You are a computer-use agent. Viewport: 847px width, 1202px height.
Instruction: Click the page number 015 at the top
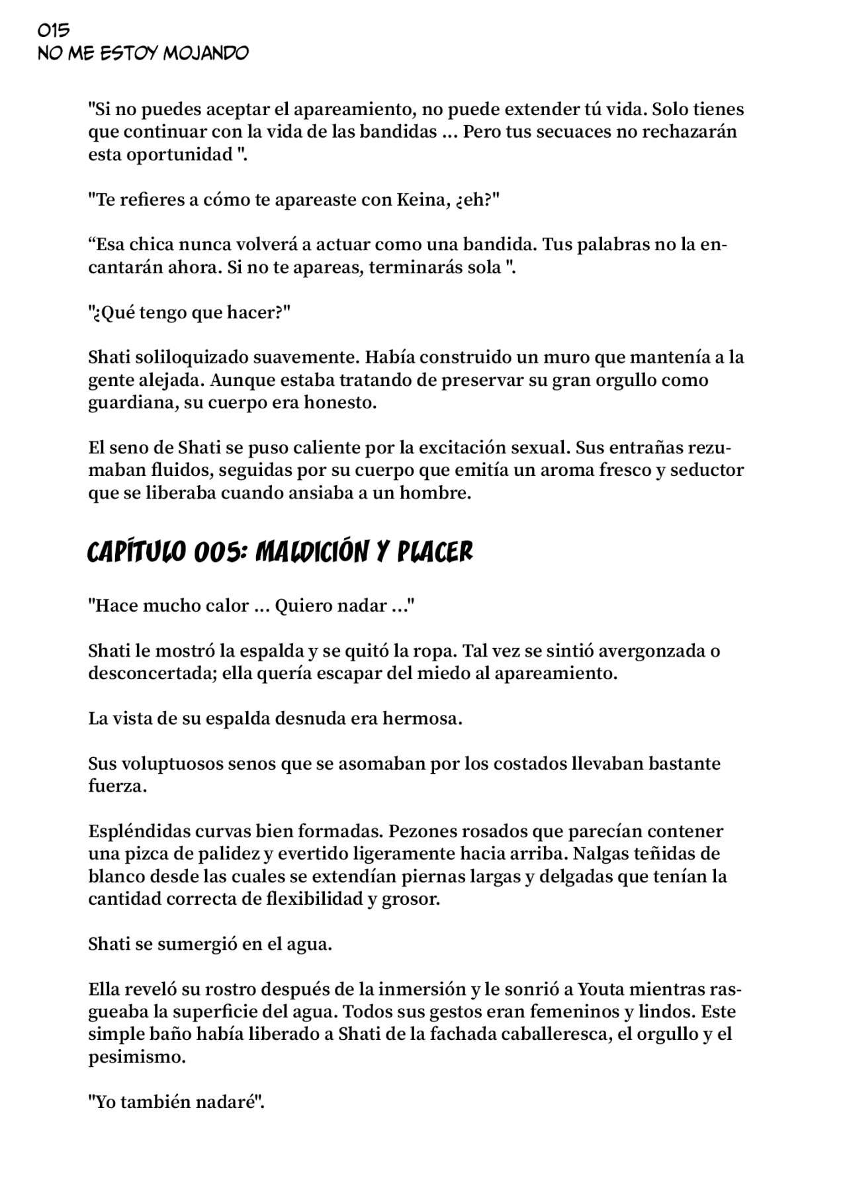[54, 30]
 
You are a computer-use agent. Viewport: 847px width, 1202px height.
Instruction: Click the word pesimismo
[137, 1057]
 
